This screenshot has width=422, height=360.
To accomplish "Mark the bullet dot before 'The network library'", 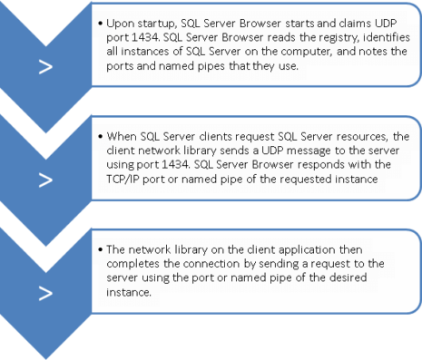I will coord(99,248).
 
